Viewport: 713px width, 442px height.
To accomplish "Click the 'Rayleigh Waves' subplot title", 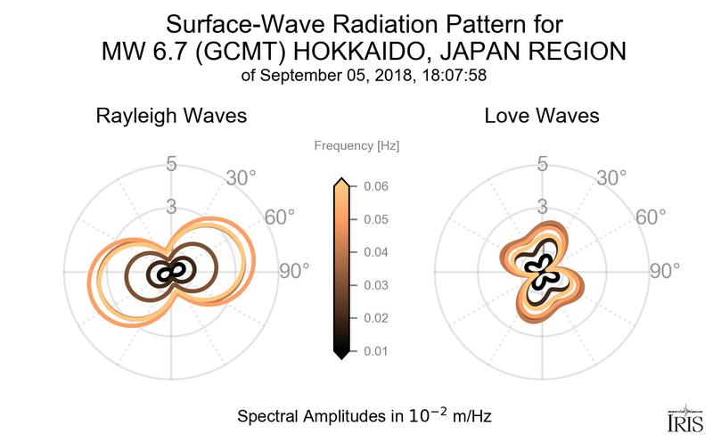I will [x=171, y=117].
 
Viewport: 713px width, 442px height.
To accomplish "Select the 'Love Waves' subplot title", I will [x=541, y=117].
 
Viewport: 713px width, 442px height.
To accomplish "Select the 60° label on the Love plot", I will [x=651, y=217].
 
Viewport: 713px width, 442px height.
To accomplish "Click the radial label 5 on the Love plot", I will [x=541, y=164].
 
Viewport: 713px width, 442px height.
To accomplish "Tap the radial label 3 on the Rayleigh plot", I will [x=171, y=207].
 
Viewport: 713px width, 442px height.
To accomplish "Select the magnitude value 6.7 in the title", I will [x=160, y=52].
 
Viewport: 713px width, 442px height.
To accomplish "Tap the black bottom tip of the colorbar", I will [x=340, y=356].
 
